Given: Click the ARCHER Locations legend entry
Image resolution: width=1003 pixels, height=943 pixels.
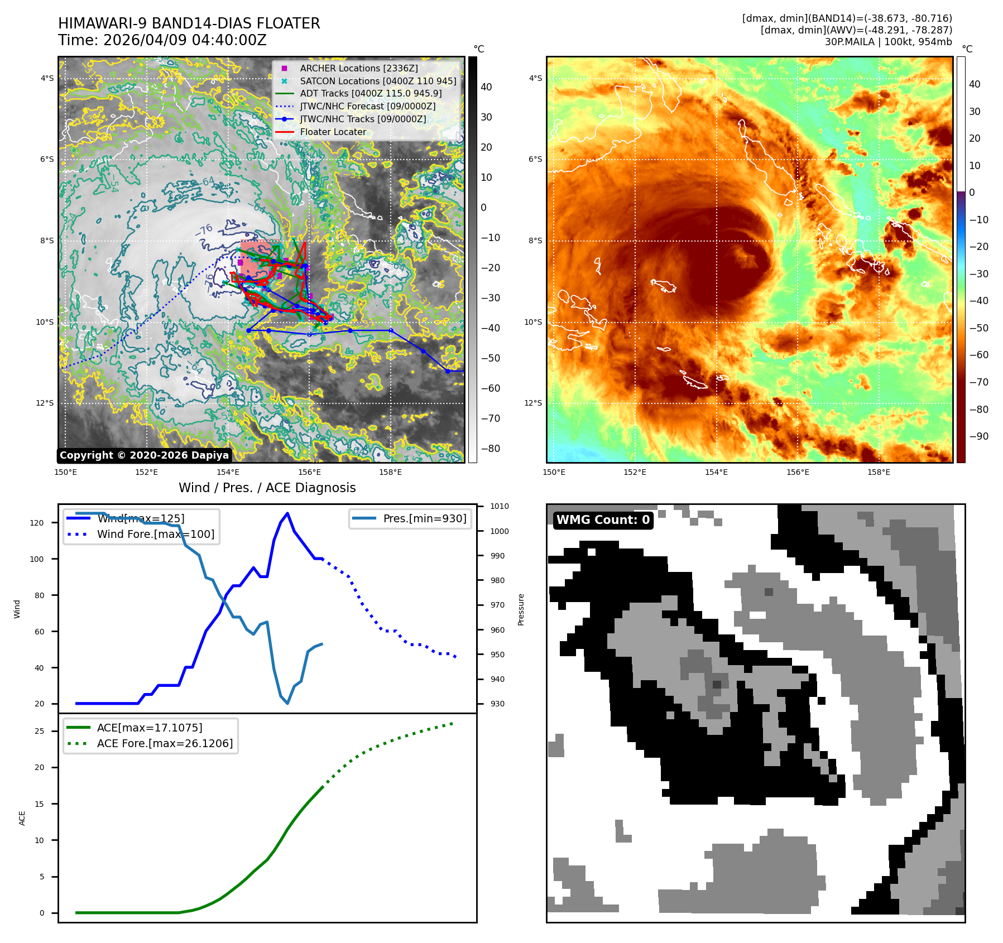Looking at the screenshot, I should tap(358, 68).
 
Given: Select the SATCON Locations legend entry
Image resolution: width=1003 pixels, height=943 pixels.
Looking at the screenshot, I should tap(378, 81).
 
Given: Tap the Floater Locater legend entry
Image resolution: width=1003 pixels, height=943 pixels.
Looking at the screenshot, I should tap(333, 132).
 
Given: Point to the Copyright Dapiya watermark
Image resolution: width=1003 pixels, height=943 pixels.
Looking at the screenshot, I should tap(144, 455).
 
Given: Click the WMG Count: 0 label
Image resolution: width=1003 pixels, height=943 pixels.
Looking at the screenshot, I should tap(603, 520).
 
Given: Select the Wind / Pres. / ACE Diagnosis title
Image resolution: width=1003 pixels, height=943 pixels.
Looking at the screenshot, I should tap(267, 488).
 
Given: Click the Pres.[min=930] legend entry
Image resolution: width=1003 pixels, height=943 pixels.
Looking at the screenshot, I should tap(424, 518).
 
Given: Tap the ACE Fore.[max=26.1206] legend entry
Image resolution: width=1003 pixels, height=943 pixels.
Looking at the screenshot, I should tap(165, 743).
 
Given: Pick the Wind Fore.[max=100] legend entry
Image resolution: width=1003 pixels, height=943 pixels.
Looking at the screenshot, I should tap(155, 534).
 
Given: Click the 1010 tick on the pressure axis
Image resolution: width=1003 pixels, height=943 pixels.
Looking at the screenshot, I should tap(500, 507).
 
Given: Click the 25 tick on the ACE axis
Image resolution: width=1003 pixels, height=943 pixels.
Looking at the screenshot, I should tap(40, 731).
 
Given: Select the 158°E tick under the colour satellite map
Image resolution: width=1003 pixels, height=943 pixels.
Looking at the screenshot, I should tap(879, 473).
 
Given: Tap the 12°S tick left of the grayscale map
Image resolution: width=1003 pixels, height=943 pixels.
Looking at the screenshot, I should tap(46, 403).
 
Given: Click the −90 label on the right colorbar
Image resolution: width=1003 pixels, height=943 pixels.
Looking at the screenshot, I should tap(978, 436).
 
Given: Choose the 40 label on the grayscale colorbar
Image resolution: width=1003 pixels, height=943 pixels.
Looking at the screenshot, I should tap(486, 87).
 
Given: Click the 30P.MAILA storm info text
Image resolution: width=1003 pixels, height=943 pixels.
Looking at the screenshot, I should tap(888, 42).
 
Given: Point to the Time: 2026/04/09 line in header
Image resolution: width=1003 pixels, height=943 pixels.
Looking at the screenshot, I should tap(162, 40).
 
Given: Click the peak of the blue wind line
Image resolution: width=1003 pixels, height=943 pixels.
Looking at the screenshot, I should tap(287, 513).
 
